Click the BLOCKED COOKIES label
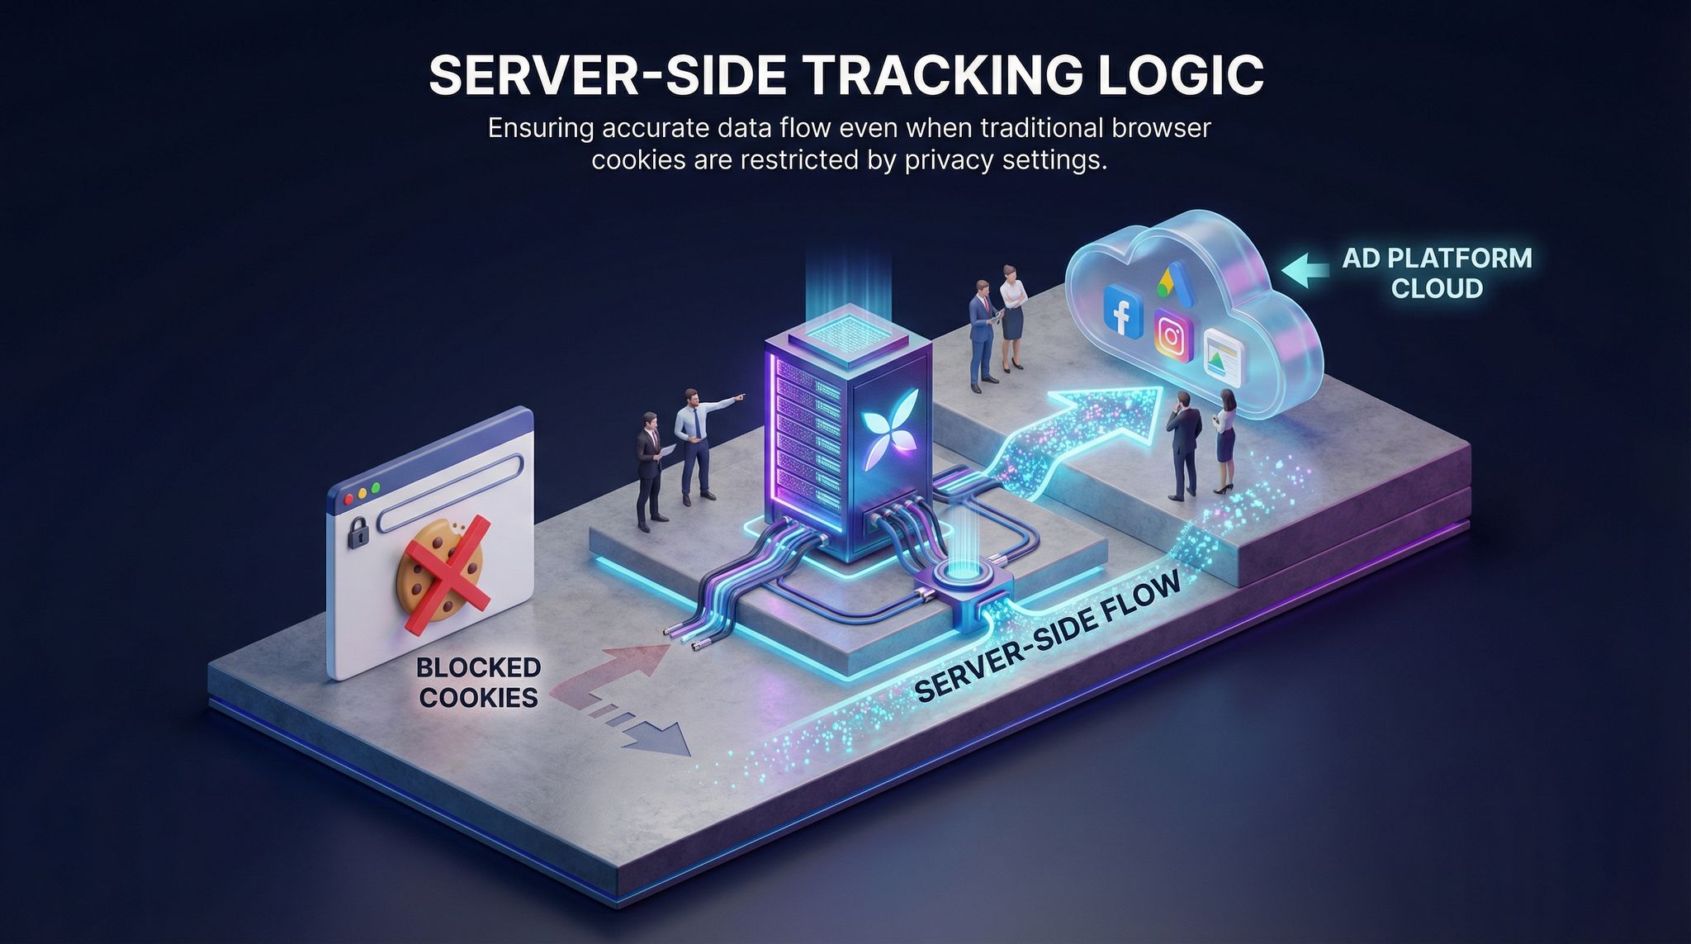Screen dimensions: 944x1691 [479, 681]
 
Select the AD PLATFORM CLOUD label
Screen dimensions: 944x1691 [1437, 273]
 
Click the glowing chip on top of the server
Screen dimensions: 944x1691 [846, 332]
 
